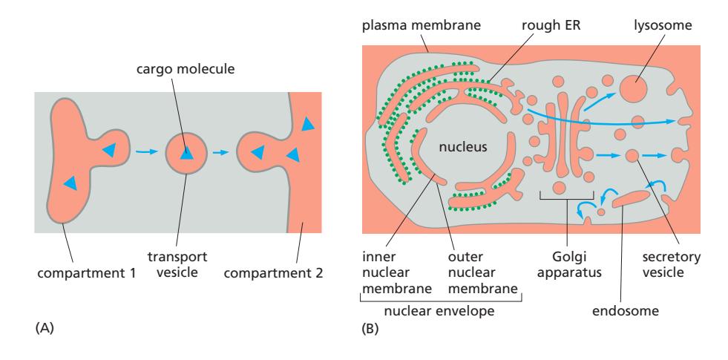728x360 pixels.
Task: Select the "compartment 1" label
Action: tap(76, 272)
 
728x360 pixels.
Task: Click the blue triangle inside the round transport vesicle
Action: tap(186, 153)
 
